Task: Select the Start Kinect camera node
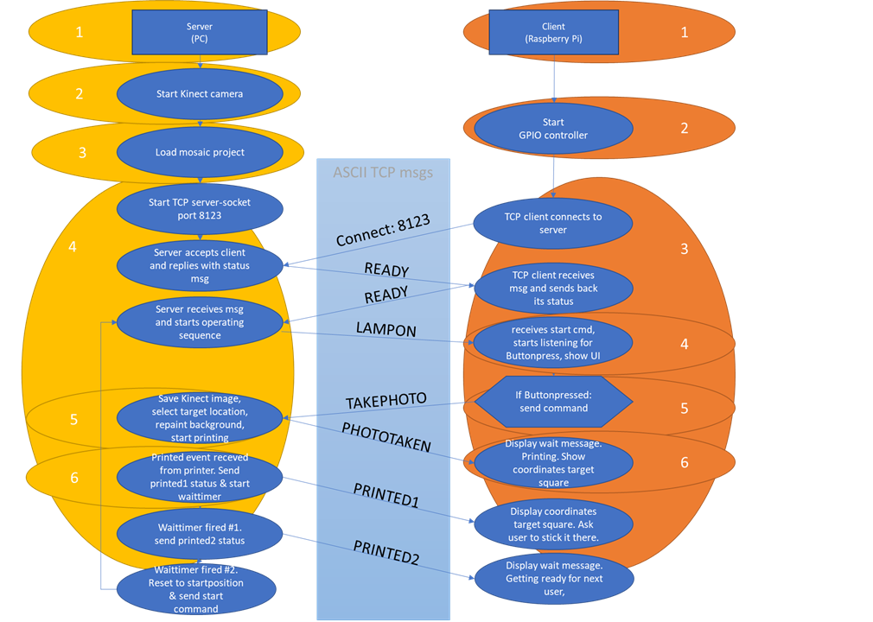[200, 94]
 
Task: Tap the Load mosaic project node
[200, 152]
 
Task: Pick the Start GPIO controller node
[553, 129]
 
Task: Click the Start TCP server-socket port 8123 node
[200, 210]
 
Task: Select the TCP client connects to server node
[553, 223]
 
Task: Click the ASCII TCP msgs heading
[383, 172]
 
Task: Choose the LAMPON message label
[386, 330]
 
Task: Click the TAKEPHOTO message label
[386, 402]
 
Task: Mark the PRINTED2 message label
[386, 553]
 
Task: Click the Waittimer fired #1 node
[200, 533]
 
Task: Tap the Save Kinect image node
[200, 417]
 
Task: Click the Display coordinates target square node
[553, 524]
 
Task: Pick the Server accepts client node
[200, 265]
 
